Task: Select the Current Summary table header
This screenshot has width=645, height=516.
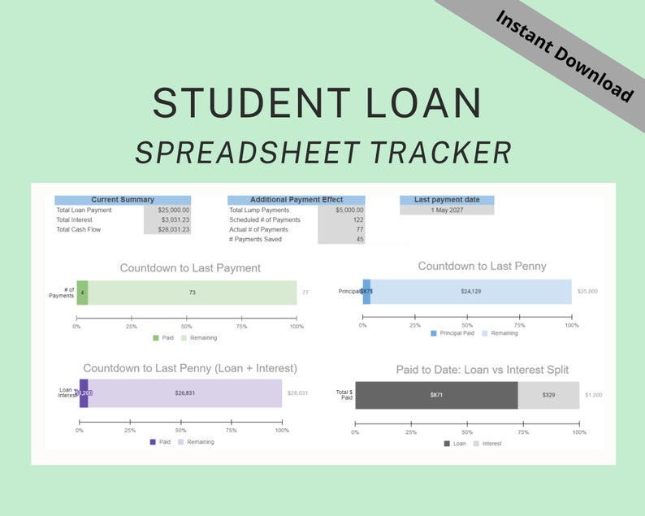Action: tap(123, 200)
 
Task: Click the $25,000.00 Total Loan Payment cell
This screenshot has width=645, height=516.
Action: tap(167, 210)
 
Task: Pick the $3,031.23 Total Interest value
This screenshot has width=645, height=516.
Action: tap(167, 220)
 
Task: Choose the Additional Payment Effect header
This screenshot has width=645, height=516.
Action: tap(297, 200)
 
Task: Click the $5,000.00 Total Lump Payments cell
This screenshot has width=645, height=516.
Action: tap(342, 210)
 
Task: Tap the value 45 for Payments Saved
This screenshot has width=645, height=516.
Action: tap(342, 239)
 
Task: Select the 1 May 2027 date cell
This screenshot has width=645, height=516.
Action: tap(447, 210)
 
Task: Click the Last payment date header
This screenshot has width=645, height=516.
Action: tap(447, 200)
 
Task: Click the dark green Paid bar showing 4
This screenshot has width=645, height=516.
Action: tap(82, 293)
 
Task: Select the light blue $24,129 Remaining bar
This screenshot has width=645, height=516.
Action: tap(471, 291)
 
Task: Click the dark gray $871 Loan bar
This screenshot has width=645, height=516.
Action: tap(436, 395)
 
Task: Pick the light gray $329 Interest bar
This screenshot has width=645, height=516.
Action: tap(548, 395)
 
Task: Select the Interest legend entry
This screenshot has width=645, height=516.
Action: tap(487, 444)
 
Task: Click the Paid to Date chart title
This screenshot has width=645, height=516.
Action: tap(483, 370)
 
